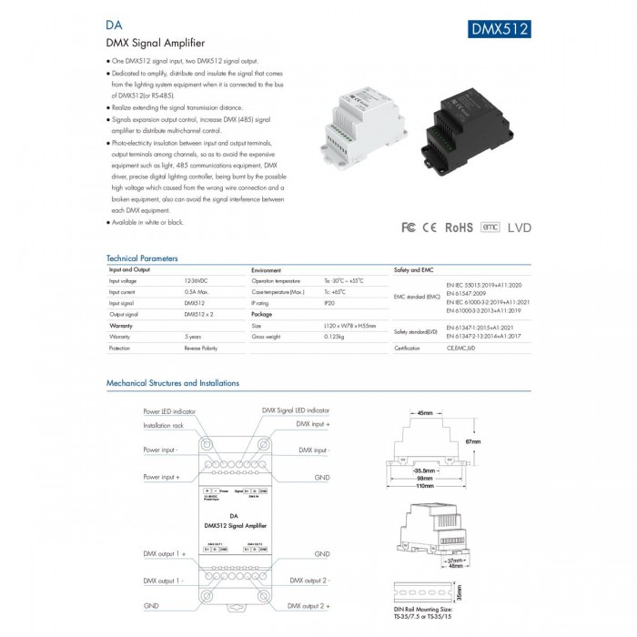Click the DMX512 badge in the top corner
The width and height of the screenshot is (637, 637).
[500, 28]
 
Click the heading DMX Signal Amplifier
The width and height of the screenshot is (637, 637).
[156, 43]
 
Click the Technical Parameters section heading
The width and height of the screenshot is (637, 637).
[142, 258]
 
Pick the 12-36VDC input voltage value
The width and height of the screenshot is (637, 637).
[196, 282]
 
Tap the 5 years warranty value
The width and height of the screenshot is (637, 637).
[193, 337]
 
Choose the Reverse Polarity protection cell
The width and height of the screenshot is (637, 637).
[201, 348]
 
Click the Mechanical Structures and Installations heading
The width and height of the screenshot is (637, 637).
[173, 383]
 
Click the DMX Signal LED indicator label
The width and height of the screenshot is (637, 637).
[296, 412]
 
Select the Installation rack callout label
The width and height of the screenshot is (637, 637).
[164, 425]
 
